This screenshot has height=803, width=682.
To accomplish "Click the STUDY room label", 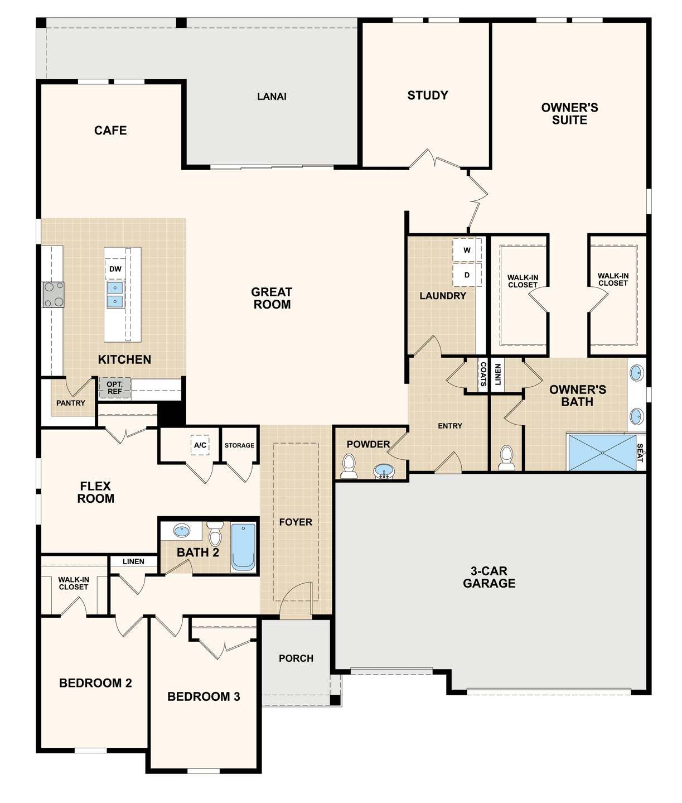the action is tap(427, 95).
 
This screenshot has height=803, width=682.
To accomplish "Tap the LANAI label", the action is tap(272, 97).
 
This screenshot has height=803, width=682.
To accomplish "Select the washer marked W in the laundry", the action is tap(467, 250).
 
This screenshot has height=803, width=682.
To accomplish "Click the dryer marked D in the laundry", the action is tap(467, 275).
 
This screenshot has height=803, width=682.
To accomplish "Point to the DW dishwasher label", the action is tap(115, 269).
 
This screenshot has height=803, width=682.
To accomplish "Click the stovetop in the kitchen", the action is tap(54, 295).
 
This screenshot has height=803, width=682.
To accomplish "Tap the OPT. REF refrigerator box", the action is tap(115, 388).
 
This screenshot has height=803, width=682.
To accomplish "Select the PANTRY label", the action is tap(71, 403).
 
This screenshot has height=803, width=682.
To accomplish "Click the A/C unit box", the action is tap(200, 445).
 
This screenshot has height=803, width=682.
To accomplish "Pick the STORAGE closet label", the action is tap(239, 445).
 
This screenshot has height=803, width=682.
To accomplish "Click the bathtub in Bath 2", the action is tap(243, 547).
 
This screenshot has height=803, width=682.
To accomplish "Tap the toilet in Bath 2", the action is tap(215, 534).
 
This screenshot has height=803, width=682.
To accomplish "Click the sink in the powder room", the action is tap(383, 472).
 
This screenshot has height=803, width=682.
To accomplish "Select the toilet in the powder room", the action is tap(349, 466).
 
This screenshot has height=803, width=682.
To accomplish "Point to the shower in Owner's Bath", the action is tap(602, 453).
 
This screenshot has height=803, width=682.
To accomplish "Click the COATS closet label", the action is tap(483, 374).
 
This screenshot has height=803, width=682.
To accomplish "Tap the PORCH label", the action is tap(296, 658).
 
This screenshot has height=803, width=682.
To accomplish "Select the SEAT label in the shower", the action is tap(640, 453).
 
